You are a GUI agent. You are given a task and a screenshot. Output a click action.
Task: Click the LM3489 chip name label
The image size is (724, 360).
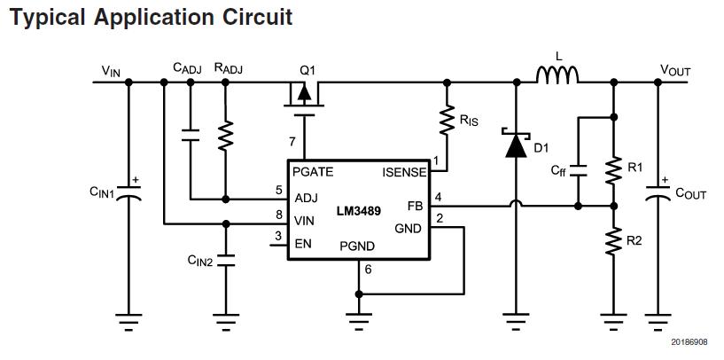click(358, 211)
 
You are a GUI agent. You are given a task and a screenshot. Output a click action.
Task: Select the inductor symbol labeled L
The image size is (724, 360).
click(558, 78)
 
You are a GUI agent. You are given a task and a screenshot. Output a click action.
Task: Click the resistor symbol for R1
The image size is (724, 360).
click(612, 168)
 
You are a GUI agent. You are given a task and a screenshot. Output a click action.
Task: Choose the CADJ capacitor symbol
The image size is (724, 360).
click(190, 136)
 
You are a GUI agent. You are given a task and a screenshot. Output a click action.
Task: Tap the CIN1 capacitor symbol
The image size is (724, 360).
click(128, 192)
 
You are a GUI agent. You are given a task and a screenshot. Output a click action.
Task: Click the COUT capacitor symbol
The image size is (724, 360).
click(657, 192)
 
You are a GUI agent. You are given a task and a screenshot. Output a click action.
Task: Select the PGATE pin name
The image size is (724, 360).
click(313, 172)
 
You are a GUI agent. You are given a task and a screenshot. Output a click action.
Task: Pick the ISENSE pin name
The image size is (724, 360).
click(405, 172)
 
